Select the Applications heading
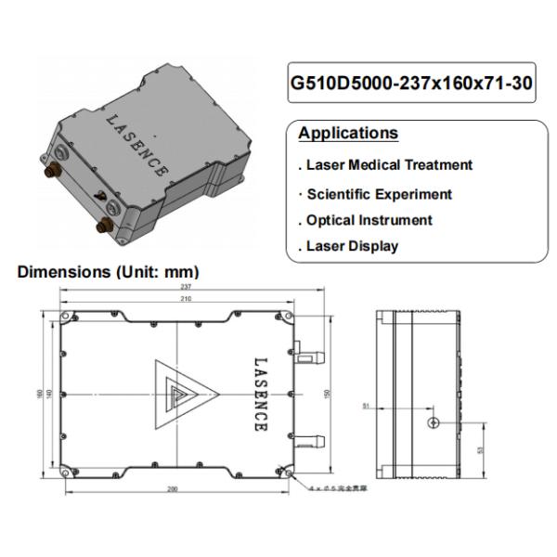(x=348, y=134)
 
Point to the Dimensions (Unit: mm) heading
(x=109, y=273)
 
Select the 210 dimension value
(x=184, y=300)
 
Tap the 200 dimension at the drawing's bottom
(x=173, y=487)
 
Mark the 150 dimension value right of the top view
(x=326, y=393)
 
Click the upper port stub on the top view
(x=313, y=355)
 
